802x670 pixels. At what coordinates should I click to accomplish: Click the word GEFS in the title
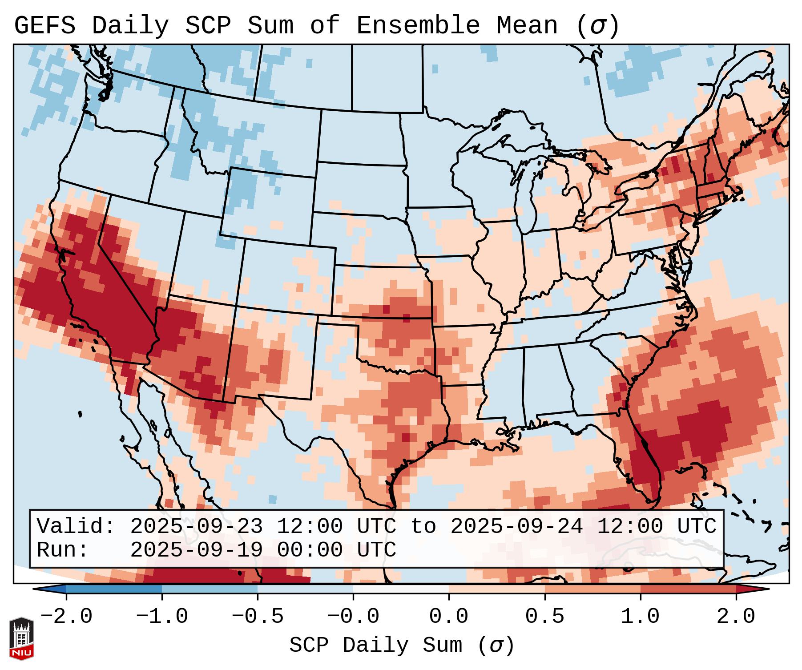[44, 26]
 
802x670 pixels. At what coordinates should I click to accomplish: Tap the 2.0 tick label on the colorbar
[736, 617]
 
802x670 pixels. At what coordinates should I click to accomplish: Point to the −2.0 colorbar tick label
[66, 617]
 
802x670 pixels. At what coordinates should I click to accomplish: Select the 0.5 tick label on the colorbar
[544, 617]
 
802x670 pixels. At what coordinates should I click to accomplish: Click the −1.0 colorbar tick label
[161, 617]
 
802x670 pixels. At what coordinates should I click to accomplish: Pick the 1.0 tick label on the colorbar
[640, 617]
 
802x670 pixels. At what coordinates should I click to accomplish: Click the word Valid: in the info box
[76, 527]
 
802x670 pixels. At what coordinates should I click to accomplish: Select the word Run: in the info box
[63, 550]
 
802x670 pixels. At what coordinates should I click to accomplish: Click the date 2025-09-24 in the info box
[516, 527]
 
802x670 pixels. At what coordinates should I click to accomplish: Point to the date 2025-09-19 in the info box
[196, 550]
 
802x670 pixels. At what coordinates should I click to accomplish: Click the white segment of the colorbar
[401, 589]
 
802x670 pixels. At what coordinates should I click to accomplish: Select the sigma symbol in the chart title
[598, 26]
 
